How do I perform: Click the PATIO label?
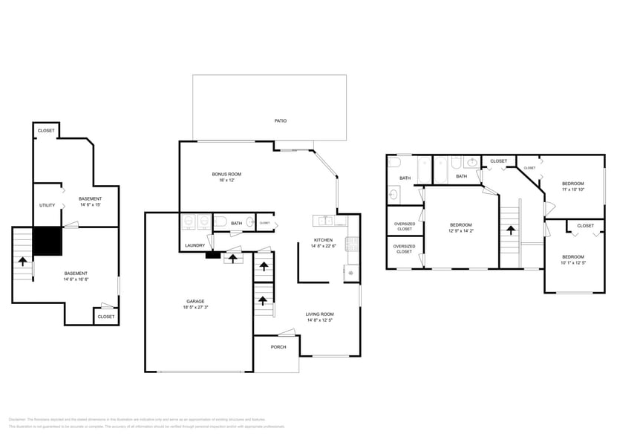[x=280, y=120]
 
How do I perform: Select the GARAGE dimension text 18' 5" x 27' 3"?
[x=196, y=306]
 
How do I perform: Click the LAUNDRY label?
[x=195, y=245]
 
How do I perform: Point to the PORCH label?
[x=278, y=347]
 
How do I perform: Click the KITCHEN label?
[x=323, y=240]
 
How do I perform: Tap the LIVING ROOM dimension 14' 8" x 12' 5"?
[x=320, y=320]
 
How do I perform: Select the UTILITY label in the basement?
[x=47, y=205]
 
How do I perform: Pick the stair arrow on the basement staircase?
[x=23, y=261]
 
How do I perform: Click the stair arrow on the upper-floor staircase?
[x=510, y=230]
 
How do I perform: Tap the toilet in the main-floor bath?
[x=220, y=221]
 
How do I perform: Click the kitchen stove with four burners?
[x=353, y=243]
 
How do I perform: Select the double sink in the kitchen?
[x=324, y=220]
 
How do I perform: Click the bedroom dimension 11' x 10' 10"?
[x=572, y=190]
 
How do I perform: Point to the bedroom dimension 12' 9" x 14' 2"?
[x=460, y=231]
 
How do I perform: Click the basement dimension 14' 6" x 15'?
[x=90, y=205]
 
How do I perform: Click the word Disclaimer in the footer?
[x=18, y=419]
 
